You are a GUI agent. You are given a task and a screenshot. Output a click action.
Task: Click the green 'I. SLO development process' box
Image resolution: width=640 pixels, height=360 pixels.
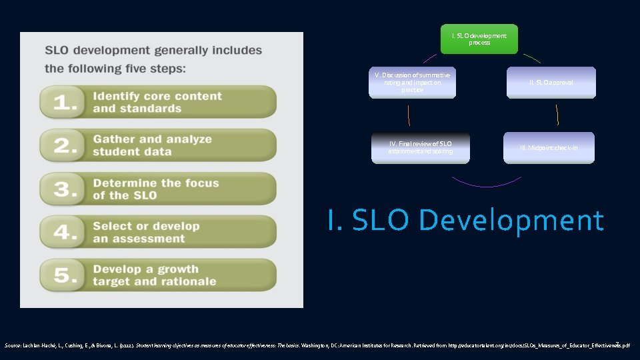479,39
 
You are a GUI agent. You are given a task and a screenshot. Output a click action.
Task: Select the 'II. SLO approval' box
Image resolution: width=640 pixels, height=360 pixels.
551,83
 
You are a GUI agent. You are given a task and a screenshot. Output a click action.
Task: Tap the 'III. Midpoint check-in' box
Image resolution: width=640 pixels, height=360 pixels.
549,148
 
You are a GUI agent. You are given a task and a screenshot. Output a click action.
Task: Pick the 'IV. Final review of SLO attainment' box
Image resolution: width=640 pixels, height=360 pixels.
420,148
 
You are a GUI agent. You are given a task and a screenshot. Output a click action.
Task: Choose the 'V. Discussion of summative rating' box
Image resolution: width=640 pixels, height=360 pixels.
412,83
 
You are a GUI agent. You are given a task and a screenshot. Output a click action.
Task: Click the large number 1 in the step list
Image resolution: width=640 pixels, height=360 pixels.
64,103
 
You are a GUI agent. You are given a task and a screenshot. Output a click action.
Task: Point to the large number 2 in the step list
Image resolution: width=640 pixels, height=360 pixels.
65,146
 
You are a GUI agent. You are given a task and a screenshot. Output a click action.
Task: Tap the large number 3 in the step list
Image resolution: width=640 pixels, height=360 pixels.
65,189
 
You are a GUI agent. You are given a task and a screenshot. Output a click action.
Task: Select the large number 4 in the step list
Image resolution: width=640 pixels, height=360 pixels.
65,233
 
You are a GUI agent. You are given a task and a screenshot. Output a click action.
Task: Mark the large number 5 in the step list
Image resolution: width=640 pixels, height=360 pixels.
65,275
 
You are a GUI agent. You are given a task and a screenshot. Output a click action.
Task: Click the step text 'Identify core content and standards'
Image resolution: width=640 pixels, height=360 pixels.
157,103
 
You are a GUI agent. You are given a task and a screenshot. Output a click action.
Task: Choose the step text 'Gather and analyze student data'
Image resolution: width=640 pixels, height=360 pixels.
153,146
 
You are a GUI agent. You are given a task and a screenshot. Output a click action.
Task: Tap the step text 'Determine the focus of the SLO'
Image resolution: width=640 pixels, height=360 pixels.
156,189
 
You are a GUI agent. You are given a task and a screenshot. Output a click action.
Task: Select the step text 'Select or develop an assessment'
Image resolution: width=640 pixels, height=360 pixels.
146,233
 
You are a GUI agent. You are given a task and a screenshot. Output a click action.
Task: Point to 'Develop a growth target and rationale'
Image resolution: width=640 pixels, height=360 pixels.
155,275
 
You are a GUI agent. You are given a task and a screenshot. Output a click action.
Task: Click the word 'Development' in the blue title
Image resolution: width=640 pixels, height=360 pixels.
513,221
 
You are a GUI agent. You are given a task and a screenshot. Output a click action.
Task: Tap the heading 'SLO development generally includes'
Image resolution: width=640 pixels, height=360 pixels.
153,51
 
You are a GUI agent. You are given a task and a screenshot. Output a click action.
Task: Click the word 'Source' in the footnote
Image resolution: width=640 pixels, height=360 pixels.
13,346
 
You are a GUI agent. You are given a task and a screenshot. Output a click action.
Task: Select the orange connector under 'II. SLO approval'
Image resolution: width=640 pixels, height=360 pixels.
557,115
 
